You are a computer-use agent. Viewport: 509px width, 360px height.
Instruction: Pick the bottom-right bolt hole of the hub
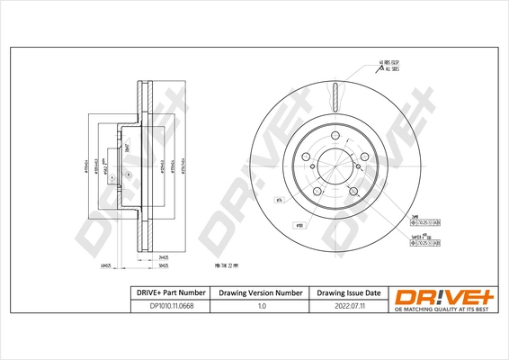353,193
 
